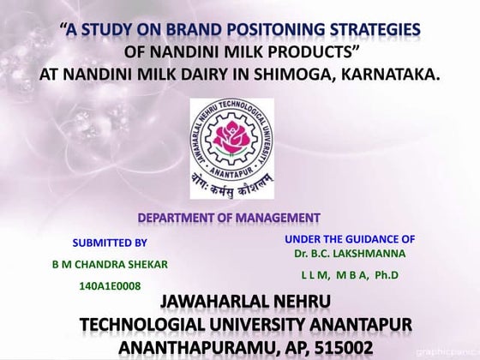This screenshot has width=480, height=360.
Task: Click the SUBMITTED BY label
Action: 109,243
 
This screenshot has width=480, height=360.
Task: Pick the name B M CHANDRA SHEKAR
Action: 111,263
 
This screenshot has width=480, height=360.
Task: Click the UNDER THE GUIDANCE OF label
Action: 350,238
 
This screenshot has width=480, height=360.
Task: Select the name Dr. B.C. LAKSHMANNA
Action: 350,254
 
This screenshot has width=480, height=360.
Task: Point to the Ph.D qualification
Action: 387,276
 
